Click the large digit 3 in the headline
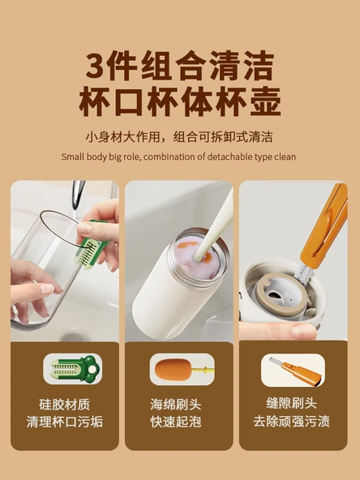pyautogui.click(x=96, y=66)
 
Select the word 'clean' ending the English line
pyautogui.click(x=285, y=156)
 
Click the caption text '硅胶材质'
pyautogui.click(x=65, y=405)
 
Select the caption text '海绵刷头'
pyautogui.click(x=176, y=405)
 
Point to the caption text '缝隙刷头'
pyautogui.click(x=291, y=403)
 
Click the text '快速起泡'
pyautogui.click(x=176, y=422)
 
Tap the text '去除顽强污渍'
pyautogui.click(x=291, y=421)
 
